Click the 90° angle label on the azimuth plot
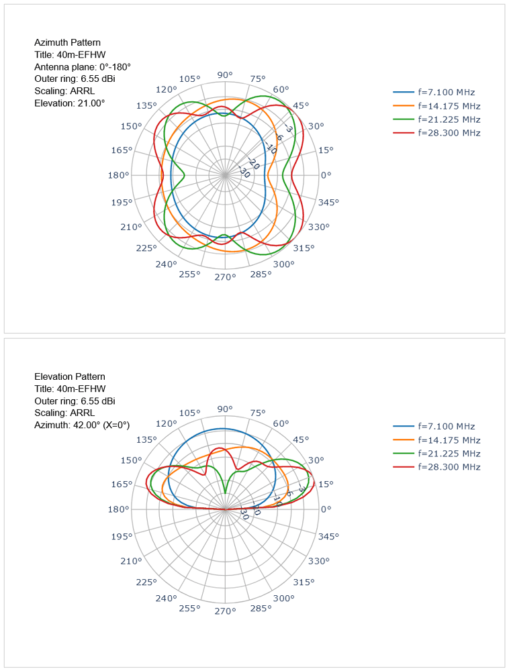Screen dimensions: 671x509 (x=224, y=75)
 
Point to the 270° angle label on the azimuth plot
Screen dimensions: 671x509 (x=224, y=276)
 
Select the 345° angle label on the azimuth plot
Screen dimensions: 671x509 (x=328, y=202)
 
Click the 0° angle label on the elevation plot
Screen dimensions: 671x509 (x=326, y=509)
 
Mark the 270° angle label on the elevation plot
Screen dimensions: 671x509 (x=224, y=611)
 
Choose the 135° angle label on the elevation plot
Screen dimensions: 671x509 (x=146, y=440)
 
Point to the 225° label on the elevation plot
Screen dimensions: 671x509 (x=146, y=580)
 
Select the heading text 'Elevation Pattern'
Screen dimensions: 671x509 (x=69, y=376)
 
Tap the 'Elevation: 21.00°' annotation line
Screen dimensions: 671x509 (x=69, y=103)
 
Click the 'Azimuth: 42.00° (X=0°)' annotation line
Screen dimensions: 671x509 (x=81, y=425)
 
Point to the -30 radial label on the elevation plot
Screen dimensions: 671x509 (x=244, y=515)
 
